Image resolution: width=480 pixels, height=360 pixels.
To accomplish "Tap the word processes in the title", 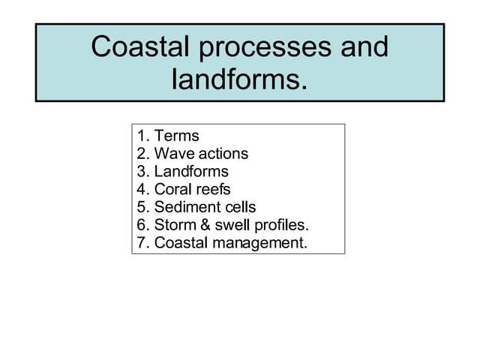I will pos(257,48).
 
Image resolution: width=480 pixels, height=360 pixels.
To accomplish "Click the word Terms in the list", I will pos(177,136).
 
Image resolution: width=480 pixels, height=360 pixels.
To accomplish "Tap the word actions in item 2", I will pos(220,154).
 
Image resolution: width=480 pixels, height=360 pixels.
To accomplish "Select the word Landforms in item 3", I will pos(191,172).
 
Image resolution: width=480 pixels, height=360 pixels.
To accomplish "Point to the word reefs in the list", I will pos(213,190).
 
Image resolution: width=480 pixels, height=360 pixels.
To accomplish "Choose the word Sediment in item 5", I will pos(185,208).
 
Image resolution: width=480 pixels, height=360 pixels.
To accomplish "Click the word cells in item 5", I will pos(238,208).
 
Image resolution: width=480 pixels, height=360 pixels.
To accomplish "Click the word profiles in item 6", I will pos(280,226).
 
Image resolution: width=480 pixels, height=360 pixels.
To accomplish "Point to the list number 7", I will pos(142,244).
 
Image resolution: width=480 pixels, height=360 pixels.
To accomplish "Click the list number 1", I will pos(142,136).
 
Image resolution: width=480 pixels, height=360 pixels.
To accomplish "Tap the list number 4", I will pos(142,190).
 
